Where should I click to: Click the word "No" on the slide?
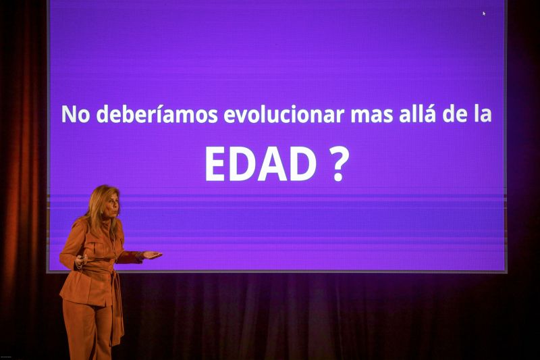tap(76, 114)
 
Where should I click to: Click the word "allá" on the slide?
tap(415, 113)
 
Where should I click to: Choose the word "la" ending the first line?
tap(483, 114)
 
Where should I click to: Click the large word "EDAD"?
tap(261, 164)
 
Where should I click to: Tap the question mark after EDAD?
tap(340, 164)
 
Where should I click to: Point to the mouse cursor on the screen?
tap(484, 13)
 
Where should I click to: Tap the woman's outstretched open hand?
tap(153, 255)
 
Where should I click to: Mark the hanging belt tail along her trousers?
tap(117, 311)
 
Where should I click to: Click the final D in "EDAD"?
tap(304, 164)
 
